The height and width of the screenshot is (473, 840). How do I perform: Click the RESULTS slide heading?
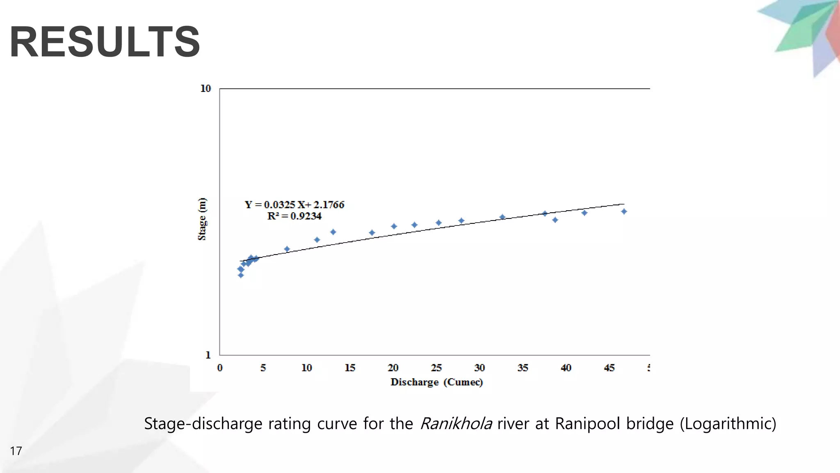pyautogui.click(x=105, y=42)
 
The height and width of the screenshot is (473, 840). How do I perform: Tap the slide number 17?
pyautogui.click(x=16, y=451)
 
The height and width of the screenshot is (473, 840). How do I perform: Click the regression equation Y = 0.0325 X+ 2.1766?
pyautogui.click(x=294, y=204)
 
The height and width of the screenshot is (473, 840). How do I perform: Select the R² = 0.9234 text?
pyautogui.click(x=294, y=216)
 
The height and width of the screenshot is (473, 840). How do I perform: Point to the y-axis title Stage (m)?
pyautogui.click(x=202, y=219)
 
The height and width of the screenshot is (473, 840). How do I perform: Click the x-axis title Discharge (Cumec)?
pyautogui.click(x=436, y=382)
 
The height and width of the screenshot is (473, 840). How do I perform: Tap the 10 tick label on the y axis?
pyautogui.click(x=205, y=88)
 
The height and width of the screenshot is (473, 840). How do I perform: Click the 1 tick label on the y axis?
pyautogui.click(x=208, y=355)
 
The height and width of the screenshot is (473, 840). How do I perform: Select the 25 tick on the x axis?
pyautogui.click(x=436, y=367)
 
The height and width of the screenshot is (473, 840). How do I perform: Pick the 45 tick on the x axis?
pyautogui.click(x=609, y=367)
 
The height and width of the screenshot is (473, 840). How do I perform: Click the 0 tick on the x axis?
pyautogui.click(x=220, y=367)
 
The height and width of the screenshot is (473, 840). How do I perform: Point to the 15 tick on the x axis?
pyautogui.click(x=349, y=367)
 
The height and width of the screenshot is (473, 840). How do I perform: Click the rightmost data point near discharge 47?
pyautogui.click(x=624, y=211)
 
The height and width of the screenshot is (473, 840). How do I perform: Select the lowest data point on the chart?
pyautogui.click(x=241, y=275)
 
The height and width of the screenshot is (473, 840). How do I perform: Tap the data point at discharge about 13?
pyautogui.click(x=333, y=232)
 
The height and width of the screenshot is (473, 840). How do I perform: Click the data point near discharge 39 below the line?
pyautogui.click(x=555, y=220)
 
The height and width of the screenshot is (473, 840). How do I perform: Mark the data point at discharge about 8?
pyautogui.click(x=287, y=249)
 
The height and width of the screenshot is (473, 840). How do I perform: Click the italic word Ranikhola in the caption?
pyautogui.click(x=456, y=423)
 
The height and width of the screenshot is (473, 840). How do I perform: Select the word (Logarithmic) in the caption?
pyautogui.click(x=728, y=423)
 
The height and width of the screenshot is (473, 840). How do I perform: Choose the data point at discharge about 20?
pyautogui.click(x=394, y=226)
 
